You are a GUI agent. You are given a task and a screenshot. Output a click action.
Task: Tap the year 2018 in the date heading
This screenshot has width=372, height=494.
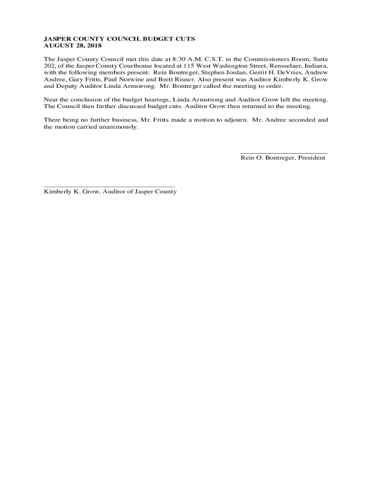coord(93,45)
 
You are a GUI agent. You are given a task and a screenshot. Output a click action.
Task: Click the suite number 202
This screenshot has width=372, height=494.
coord(50,66)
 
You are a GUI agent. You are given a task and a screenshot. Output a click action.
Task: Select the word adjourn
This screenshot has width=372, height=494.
coord(232,120)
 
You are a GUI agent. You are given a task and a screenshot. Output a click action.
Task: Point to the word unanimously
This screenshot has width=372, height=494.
coord(116,127)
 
